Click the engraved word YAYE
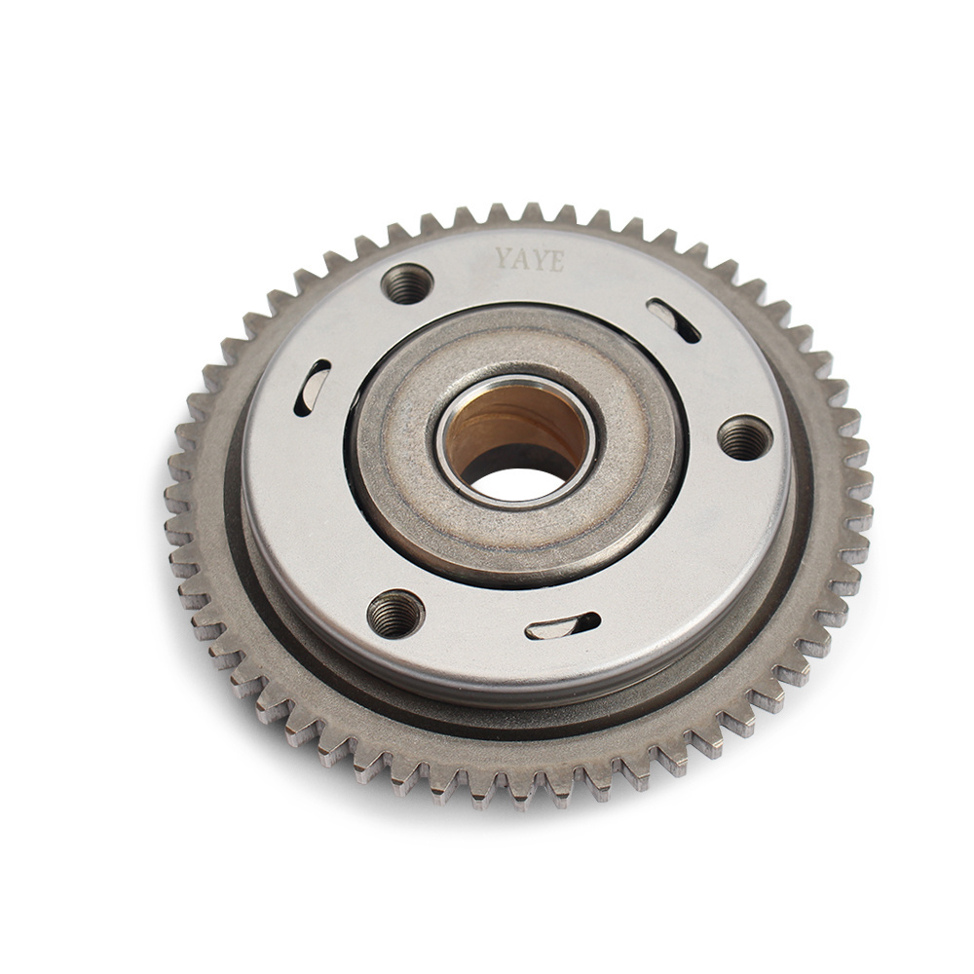(x=529, y=260)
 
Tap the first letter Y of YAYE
(x=503, y=257)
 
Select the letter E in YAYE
(x=556, y=262)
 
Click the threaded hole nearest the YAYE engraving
(x=406, y=283)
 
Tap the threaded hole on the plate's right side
(x=745, y=438)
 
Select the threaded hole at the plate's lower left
(x=395, y=614)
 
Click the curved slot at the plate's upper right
(x=673, y=319)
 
